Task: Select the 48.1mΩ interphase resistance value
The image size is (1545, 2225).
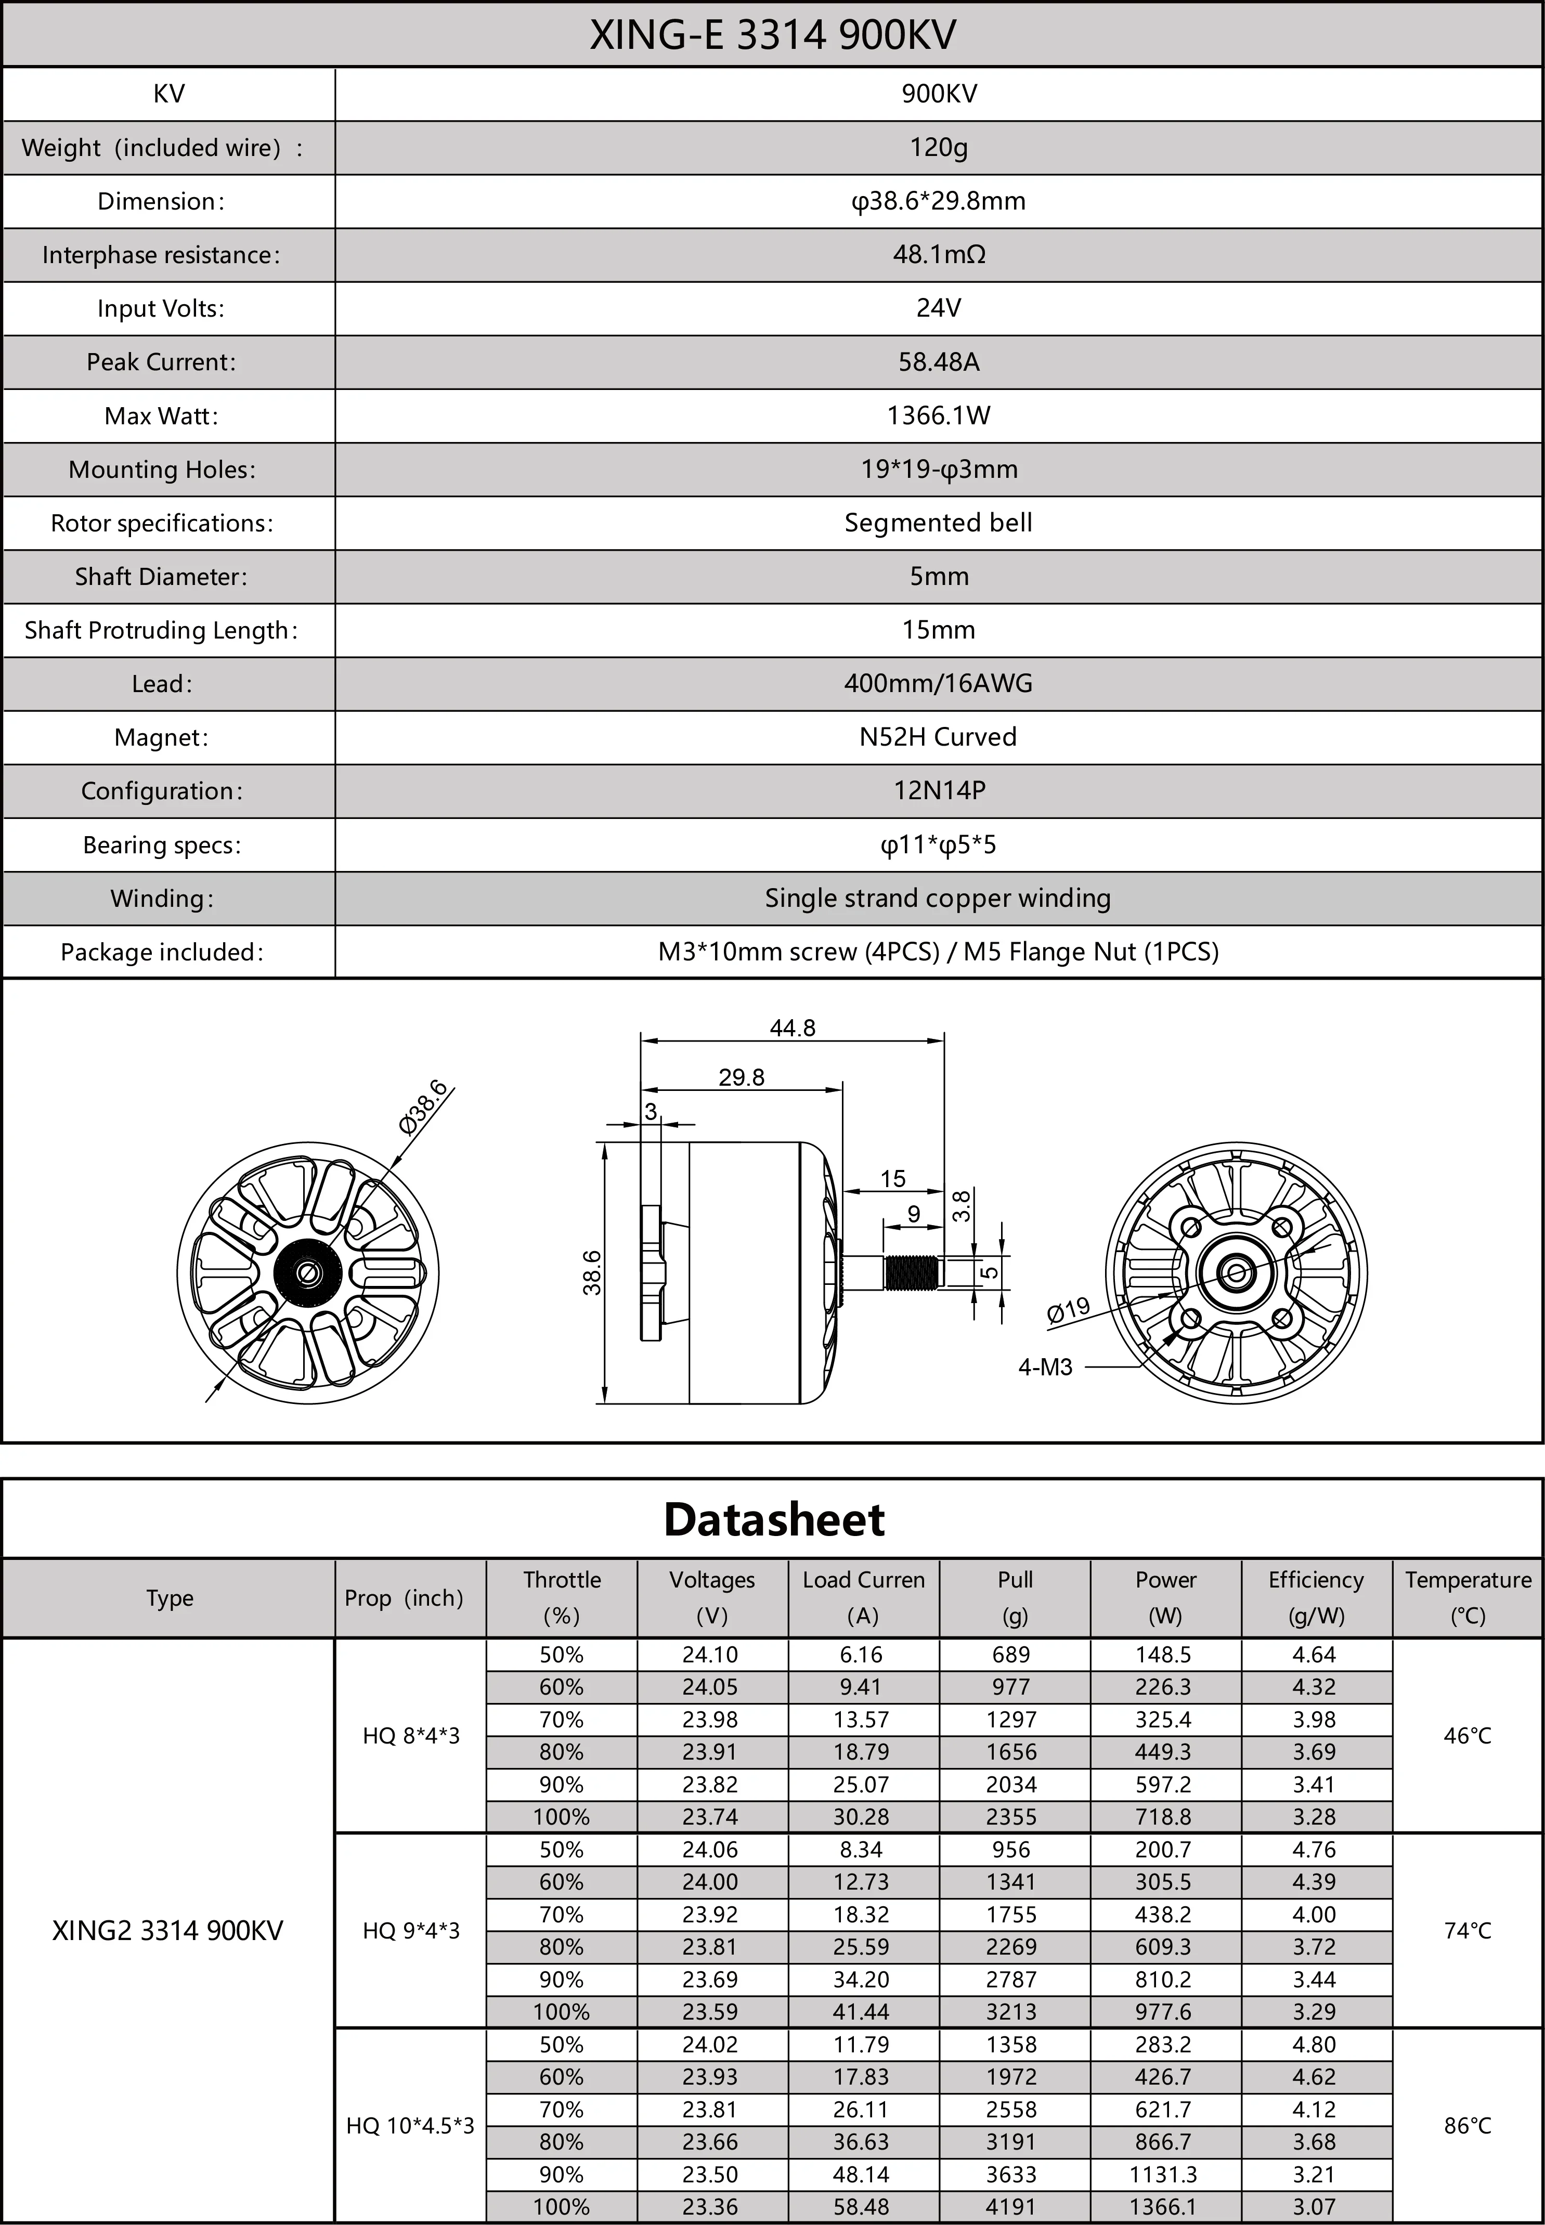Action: coord(938,255)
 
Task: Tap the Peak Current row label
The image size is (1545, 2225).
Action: coord(161,362)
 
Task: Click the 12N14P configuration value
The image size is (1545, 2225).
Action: coord(938,791)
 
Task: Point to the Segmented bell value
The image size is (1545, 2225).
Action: coord(938,523)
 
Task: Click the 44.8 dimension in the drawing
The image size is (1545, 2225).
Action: coord(792,1028)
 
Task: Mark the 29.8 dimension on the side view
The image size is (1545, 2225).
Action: coord(742,1077)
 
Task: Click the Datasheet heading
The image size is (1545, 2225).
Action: coord(773,1519)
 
